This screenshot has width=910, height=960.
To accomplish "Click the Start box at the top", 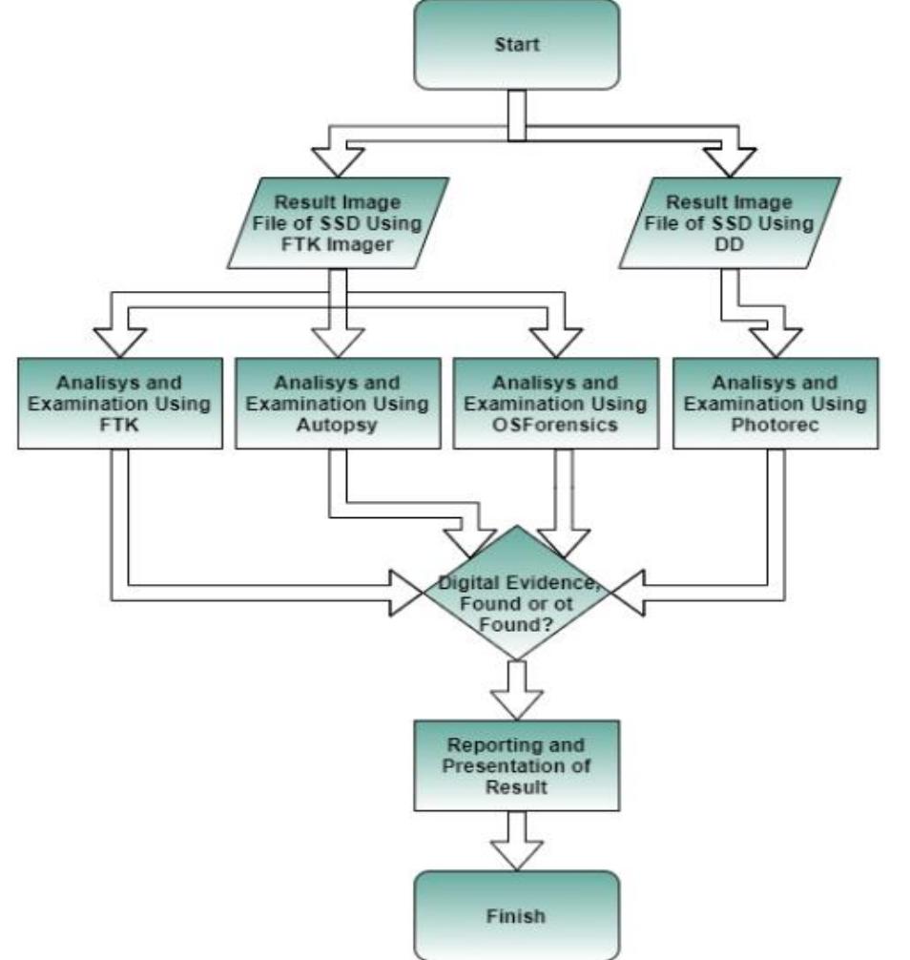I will (x=516, y=45).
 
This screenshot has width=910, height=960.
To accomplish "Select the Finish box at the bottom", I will (x=516, y=915).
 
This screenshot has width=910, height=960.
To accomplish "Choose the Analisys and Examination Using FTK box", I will (x=119, y=404).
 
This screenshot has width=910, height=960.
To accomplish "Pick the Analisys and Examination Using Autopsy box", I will (x=337, y=404).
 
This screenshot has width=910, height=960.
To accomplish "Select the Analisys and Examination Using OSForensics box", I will (x=554, y=404).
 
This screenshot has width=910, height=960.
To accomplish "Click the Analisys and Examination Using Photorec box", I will (x=772, y=404).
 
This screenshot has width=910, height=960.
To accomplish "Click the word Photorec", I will (x=772, y=423).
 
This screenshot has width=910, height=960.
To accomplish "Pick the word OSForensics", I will (x=554, y=423).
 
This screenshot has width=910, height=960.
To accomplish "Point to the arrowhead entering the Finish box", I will (x=516, y=855).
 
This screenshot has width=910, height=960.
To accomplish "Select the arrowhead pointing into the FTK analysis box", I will (x=119, y=342).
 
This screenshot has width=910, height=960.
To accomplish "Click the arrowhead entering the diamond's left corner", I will (x=408, y=592).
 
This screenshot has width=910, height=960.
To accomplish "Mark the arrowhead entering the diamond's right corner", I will (x=627, y=592).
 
